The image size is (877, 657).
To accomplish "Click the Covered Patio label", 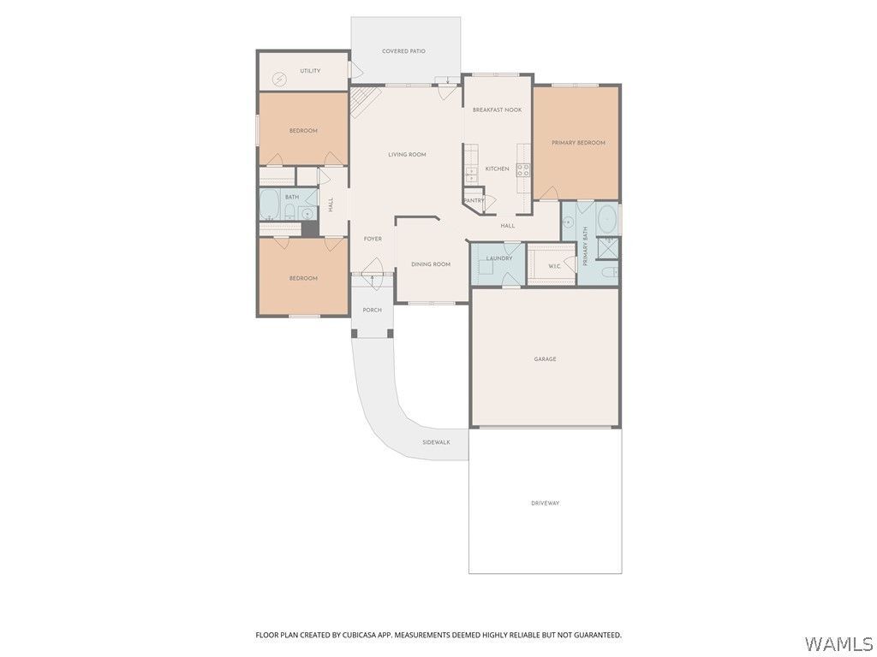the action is click(403, 50).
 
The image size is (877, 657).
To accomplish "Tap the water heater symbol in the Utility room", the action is click(278, 80).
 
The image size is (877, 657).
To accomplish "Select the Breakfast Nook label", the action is click(497, 110).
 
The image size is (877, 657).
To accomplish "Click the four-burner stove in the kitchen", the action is click(523, 170).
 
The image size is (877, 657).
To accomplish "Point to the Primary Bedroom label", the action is click(578, 143).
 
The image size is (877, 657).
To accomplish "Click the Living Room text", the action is click(407, 155).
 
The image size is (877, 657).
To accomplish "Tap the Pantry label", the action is click(474, 200).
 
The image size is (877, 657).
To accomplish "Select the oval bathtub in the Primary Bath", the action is click(607, 220).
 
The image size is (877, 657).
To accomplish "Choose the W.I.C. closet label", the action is click(554, 266).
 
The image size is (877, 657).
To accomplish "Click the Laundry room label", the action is click(499, 258).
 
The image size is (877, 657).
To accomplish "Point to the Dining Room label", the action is click(431, 264).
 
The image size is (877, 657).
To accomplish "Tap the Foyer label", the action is click(373, 240).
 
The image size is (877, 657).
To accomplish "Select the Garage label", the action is click(545, 359).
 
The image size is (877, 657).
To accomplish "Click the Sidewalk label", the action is click(436, 442).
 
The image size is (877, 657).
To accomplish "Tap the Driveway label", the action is click(545, 503).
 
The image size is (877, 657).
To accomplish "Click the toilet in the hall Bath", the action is click(289, 213).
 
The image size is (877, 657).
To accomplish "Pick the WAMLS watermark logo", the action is click(839, 644).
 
